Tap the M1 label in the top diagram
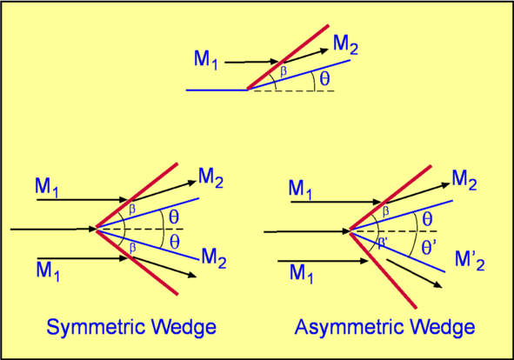coord(205,60)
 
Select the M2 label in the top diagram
coord(345,44)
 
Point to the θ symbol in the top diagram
coord(324,78)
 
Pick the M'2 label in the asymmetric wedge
coord(470,260)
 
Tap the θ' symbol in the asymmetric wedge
coord(427,247)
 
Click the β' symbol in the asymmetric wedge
coord(383,243)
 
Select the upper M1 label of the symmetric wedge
coord(47,188)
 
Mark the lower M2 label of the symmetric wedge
coord(214,258)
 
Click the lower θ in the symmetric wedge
coord(175,243)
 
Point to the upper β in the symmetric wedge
coord(132,210)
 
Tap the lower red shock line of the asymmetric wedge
coord(383,270)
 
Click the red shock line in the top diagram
coord(288,57)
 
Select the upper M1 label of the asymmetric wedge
coord(300,190)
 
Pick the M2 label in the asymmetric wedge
coord(464,180)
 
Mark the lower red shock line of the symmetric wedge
coord(137,262)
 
